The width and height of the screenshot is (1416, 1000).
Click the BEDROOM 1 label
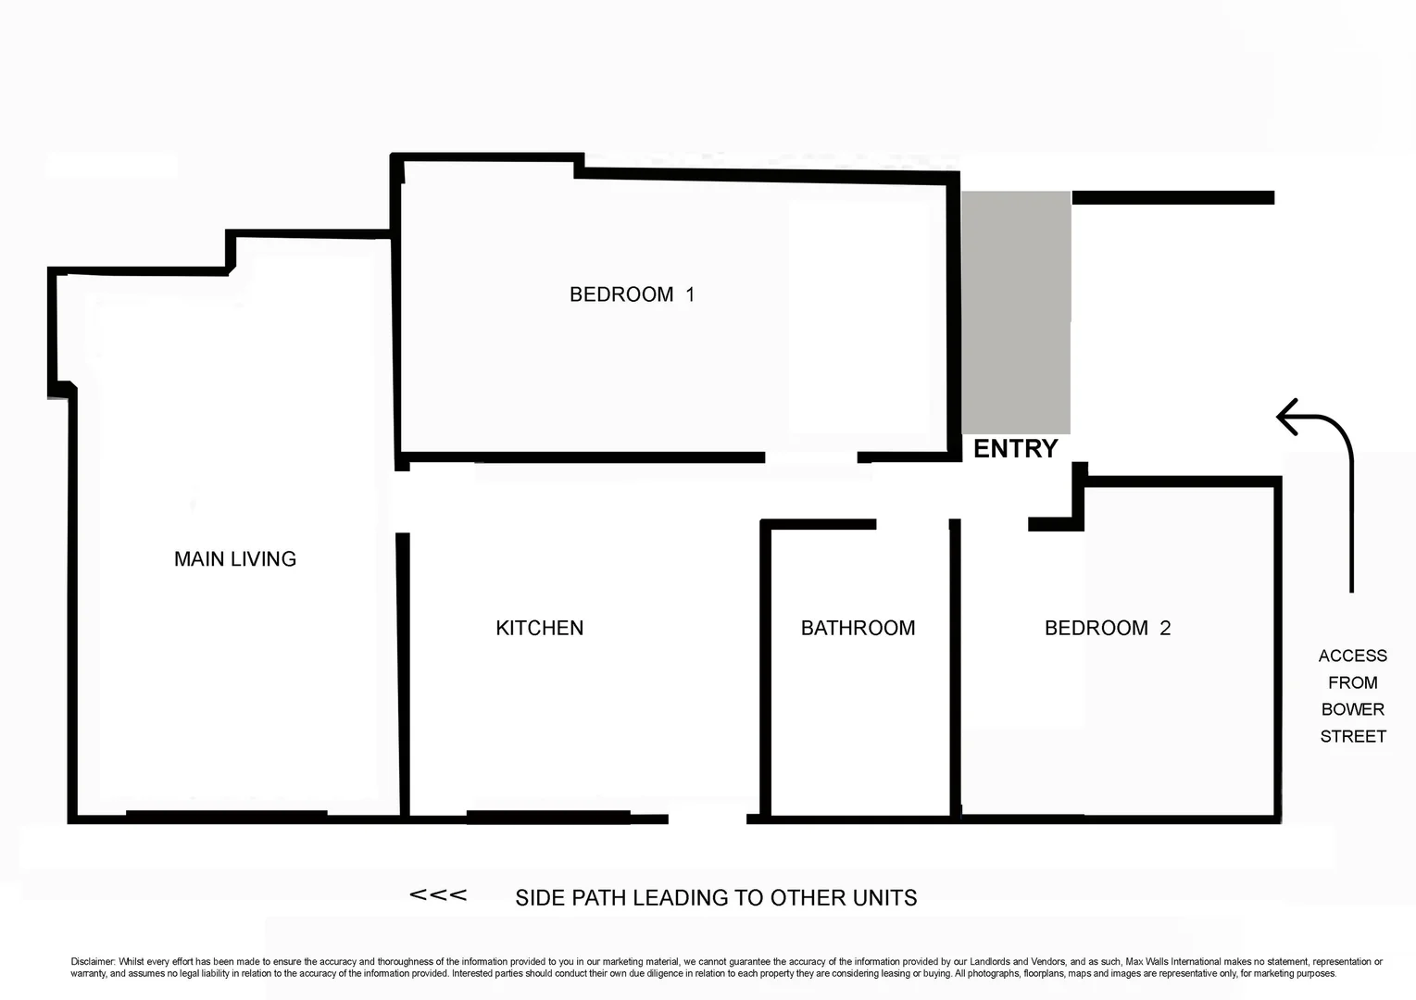(x=631, y=294)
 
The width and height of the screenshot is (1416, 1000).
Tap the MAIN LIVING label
(x=235, y=559)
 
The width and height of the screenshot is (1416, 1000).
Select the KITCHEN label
(x=539, y=628)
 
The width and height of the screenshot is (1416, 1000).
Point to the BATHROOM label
(x=858, y=628)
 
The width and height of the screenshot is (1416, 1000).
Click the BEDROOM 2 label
(x=1107, y=628)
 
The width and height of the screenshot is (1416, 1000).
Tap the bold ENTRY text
(x=1015, y=449)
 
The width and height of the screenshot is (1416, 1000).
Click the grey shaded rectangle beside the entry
(x=1016, y=312)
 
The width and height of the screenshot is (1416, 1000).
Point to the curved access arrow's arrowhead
(x=1287, y=417)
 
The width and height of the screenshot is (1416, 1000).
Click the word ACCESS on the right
(x=1352, y=656)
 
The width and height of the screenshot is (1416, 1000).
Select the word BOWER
(x=1352, y=709)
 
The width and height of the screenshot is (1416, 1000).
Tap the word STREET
(x=1352, y=736)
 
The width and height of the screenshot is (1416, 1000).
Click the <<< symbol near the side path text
(x=438, y=895)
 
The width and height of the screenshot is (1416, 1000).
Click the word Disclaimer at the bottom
(x=92, y=962)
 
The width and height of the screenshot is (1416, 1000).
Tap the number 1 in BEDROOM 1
(x=689, y=294)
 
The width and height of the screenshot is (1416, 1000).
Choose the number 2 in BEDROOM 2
(x=1165, y=628)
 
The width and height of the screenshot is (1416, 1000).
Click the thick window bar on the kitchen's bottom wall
(x=548, y=817)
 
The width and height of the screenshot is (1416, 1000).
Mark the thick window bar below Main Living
(x=226, y=815)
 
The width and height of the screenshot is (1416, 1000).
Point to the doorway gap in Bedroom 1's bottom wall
(x=811, y=457)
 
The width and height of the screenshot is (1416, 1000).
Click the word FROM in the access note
(x=1352, y=682)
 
